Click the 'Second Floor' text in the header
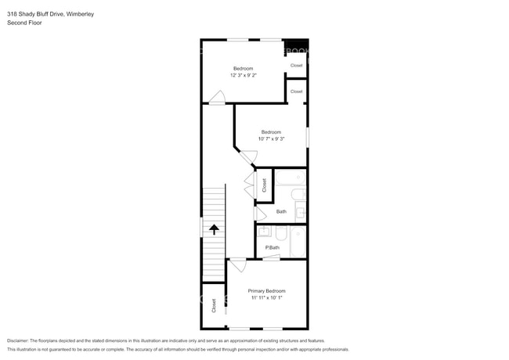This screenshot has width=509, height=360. (25, 23)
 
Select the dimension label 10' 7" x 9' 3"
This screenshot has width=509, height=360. (270, 139)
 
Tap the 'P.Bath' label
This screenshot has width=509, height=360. (272, 247)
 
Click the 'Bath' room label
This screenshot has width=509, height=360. (281, 211)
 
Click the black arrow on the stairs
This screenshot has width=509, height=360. (213, 229)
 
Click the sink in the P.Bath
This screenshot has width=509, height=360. (264, 231)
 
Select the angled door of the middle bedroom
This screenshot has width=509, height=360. (247, 157)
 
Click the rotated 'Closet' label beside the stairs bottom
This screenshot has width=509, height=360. (214, 305)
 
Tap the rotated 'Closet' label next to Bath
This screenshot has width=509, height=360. (264, 185)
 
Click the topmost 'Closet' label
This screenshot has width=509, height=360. (296, 66)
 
